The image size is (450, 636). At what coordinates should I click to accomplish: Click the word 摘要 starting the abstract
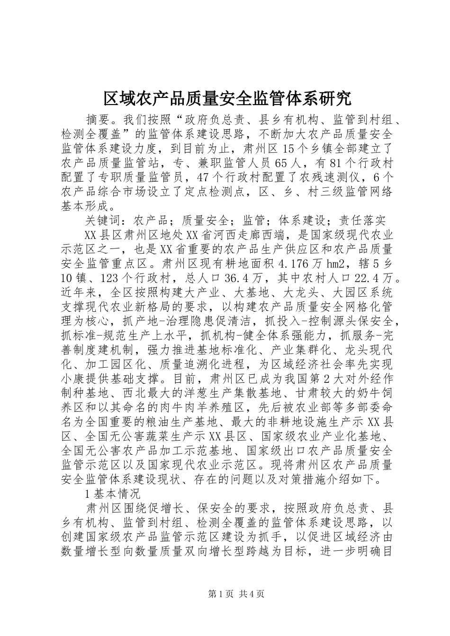pos(97,118)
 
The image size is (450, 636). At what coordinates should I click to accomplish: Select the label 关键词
pos(103,221)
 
